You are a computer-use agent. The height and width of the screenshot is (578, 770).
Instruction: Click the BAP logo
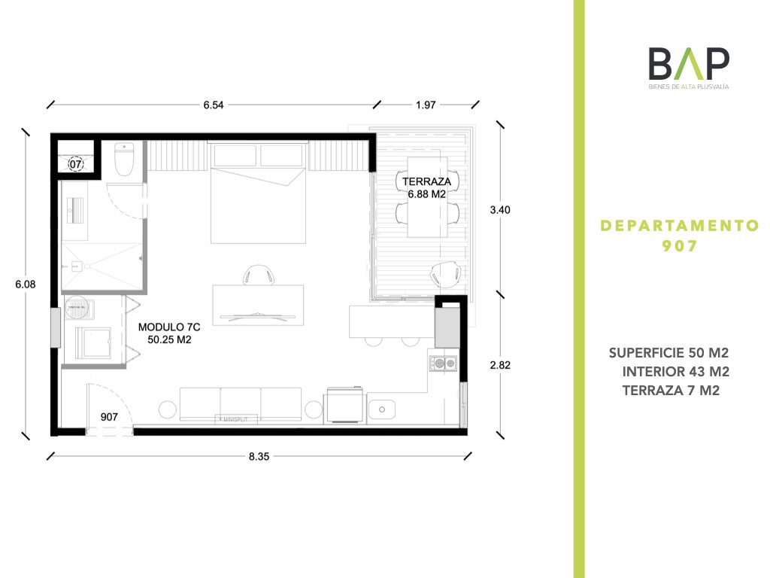(x=689, y=68)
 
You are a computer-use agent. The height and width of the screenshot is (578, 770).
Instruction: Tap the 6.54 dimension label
(x=214, y=105)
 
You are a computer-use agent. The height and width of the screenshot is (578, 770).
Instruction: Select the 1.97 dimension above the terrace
(x=426, y=105)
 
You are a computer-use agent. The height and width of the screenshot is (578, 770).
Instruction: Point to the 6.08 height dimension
(x=26, y=284)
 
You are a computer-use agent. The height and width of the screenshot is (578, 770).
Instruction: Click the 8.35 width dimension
(x=259, y=457)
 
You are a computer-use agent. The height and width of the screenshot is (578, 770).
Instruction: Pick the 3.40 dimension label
(x=500, y=210)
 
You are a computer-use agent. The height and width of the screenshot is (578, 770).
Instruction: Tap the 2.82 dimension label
(x=500, y=365)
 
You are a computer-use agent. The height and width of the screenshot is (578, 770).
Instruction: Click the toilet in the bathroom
(x=124, y=159)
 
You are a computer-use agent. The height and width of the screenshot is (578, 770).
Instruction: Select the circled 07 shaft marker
(x=76, y=163)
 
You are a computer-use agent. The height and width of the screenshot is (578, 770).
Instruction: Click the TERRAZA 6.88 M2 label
(x=427, y=187)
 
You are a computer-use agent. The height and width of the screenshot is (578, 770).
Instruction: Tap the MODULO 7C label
(x=169, y=327)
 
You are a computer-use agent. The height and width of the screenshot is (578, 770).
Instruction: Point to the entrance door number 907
(x=109, y=417)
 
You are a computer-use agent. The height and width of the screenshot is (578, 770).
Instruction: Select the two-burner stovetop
(x=444, y=364)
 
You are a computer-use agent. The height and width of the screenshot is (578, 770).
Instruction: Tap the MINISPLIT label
(x=235, y=419)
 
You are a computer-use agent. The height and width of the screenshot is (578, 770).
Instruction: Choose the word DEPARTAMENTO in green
(x=680, y=226)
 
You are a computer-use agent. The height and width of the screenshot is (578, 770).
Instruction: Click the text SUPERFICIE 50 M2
(x=668, y=353)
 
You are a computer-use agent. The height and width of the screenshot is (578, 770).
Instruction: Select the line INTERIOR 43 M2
(x=676, y=372)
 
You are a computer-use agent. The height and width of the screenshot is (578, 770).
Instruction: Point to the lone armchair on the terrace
(x=446, y=274)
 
